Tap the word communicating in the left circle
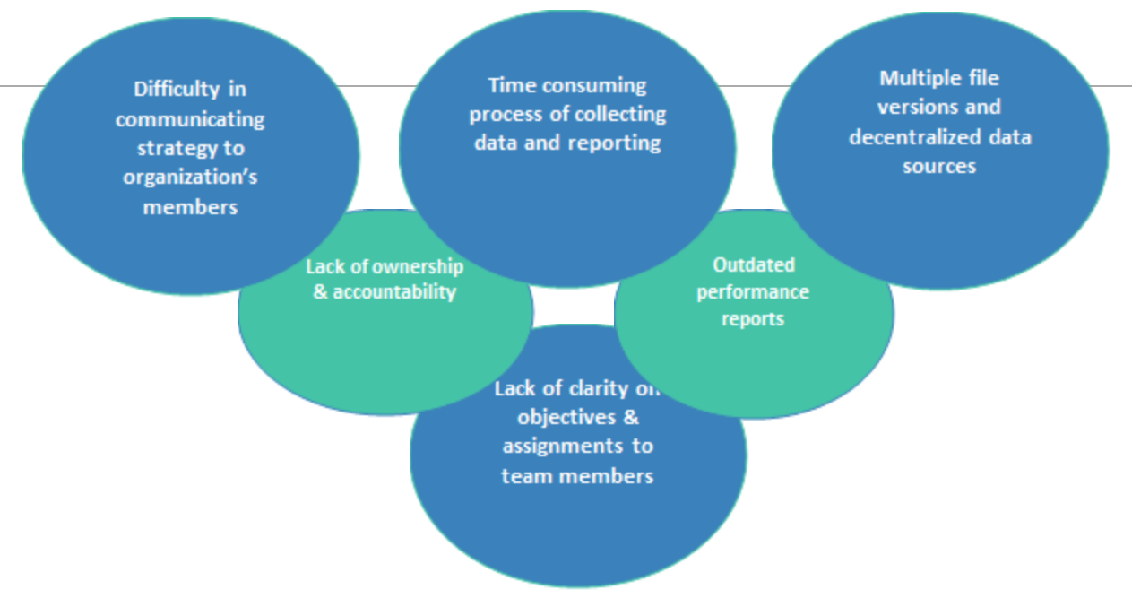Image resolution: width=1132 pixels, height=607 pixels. pyautogui.click(x=190, y=119)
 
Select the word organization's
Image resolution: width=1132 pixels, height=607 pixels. pyautogui.click(x=190, y=178)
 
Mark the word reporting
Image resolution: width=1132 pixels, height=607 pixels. pyautogui.click(x=614, y=143)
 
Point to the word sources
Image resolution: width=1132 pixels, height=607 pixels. pyautogui.click(x=939, y=167)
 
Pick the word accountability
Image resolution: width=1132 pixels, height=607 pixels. pyautogui.click(x=394, y=292)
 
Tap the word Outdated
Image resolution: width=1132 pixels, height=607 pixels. pyautogui.click(x=753, y=265)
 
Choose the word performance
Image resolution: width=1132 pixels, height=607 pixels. pyautogui.click(x=753, y=292)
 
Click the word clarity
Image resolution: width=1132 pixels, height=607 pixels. pyautogui.click(x=599, y=388)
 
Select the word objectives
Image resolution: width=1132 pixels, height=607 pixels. pyautogui.click(x=566, y=418)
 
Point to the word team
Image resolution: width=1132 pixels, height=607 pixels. pyautogui.click(x=525, y=476)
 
